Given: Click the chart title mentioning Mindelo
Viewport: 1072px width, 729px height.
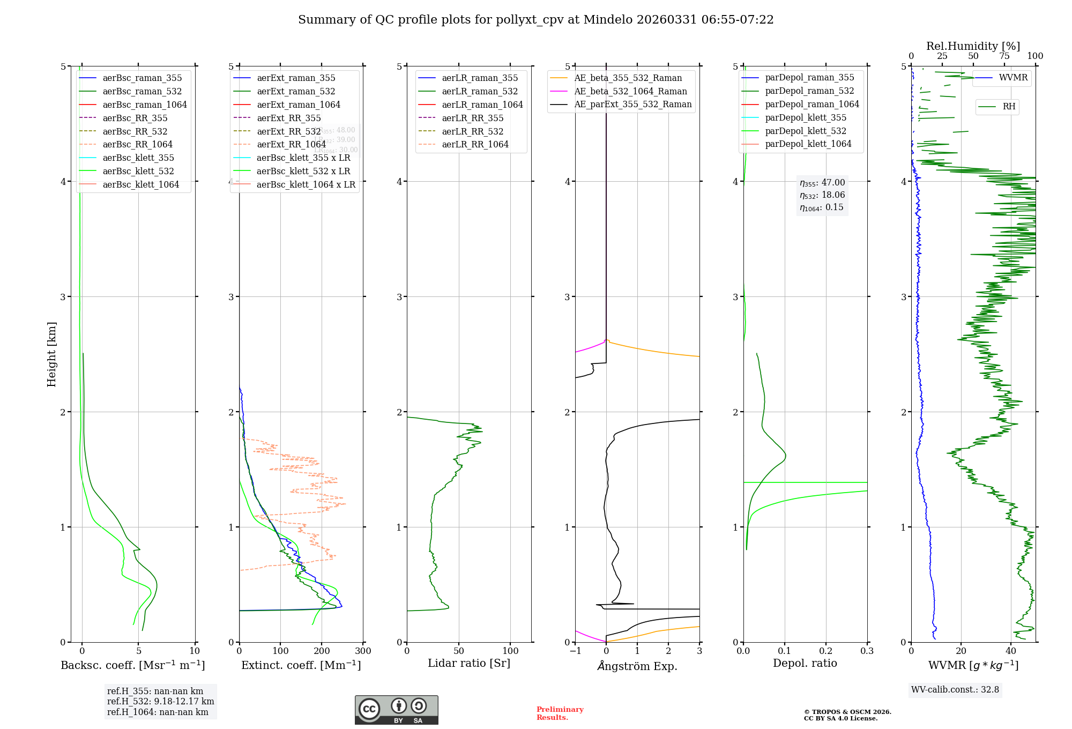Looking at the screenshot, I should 535,20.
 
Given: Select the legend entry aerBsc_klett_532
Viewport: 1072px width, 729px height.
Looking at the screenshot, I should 138,171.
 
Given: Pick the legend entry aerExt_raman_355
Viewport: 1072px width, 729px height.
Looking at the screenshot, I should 296,78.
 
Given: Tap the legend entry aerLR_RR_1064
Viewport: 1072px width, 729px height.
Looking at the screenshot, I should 475,144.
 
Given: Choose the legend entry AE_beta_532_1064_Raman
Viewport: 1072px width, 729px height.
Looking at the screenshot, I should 630,91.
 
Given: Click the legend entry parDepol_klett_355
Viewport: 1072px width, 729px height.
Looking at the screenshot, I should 806,117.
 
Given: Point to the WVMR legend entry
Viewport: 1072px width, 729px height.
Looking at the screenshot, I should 1013,78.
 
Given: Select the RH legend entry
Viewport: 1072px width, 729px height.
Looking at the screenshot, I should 1009,107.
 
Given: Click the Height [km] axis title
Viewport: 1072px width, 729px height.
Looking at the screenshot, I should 51,354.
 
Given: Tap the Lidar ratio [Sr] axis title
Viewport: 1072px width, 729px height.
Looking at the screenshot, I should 469,663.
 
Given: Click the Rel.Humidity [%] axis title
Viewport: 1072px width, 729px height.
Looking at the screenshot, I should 973,46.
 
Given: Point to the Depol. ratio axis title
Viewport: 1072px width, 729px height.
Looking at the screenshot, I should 805,663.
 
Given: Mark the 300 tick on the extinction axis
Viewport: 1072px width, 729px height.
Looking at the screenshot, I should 363,651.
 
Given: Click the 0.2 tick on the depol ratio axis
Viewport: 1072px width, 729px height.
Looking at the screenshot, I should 826,651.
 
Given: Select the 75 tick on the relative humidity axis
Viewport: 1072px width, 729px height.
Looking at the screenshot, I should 1004,56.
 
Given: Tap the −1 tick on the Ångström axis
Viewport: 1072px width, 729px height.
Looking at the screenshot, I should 575,651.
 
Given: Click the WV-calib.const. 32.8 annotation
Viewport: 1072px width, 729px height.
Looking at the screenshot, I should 955,690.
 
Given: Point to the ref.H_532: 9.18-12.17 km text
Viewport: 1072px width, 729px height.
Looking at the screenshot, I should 160,702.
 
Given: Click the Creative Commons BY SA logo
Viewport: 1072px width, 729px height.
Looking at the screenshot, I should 396,710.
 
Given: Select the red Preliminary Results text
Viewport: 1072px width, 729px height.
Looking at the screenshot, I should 560,713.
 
